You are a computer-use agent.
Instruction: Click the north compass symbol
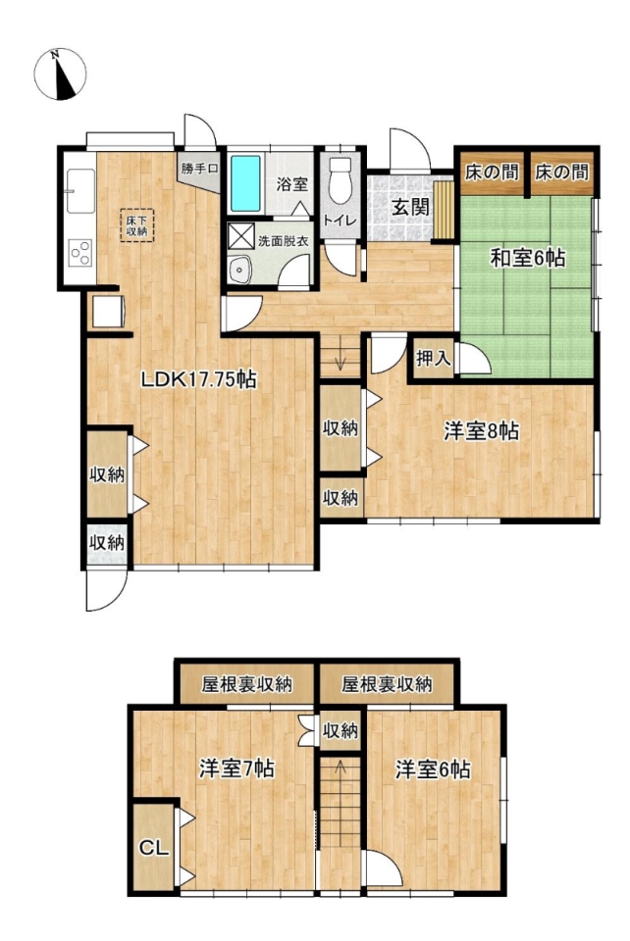coord(60,74)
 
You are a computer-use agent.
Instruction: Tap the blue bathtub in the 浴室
coord(245,183)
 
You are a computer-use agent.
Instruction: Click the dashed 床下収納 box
coord(137,225)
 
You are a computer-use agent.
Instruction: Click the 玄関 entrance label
coord(411,208)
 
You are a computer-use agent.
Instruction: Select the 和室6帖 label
coord(527,258)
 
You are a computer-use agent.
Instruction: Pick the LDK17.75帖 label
coord(199,379)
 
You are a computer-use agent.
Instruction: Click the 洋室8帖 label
coord(481,431)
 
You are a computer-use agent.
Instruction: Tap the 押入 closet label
coord(433,359)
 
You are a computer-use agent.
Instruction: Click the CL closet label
coord(154,848)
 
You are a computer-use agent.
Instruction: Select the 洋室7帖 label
coord(237,768)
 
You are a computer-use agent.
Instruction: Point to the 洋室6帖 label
coord(433,769)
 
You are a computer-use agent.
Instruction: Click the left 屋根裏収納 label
coord(246,684)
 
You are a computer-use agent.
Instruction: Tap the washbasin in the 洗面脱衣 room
coord(240,269)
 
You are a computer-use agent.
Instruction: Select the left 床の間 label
coord(492,173)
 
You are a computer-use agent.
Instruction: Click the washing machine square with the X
coord(240,234)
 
